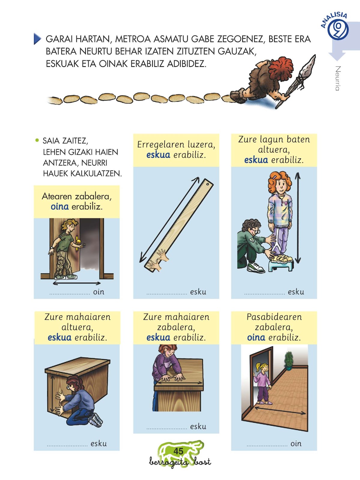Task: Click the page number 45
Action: [x=178, y=451]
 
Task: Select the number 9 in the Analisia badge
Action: [x=338, y=29]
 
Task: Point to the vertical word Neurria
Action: [x=338, y=78]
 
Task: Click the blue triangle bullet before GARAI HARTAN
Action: [x=38, y=39]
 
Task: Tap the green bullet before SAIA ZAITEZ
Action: [x=37, y=140]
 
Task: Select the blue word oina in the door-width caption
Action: [x=60, y=206]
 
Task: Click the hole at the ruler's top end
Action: [x=207, y=184]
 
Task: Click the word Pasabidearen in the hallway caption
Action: [x=274, y=317]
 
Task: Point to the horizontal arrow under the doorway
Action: [x=77, y=283]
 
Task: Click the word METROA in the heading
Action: [x=133, y=39]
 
